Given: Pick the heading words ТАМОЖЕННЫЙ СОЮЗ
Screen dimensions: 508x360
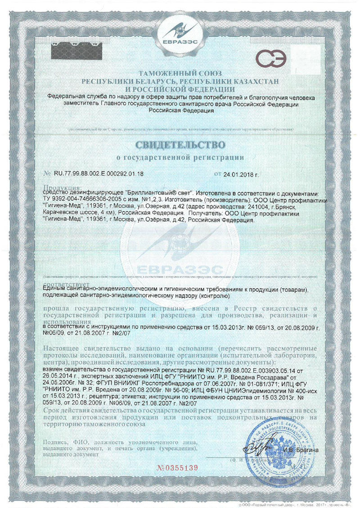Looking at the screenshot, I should coord(180,73).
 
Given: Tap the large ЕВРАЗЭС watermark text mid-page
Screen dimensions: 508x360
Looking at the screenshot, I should coord(180,270).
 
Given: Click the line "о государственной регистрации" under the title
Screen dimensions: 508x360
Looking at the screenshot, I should coord(180,158).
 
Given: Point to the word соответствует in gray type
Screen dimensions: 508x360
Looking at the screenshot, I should coord(67,285).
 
